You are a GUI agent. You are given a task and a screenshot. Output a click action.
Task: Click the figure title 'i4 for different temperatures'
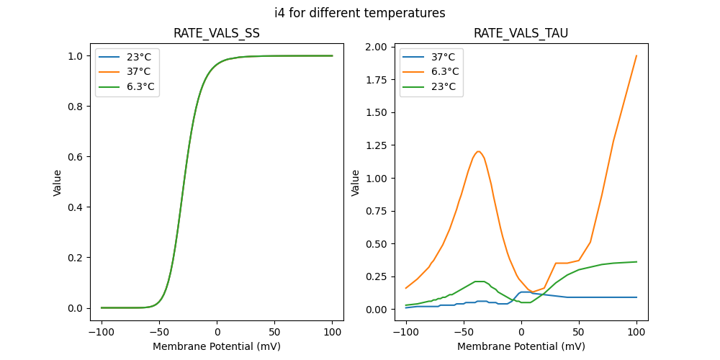[x=359, y=13]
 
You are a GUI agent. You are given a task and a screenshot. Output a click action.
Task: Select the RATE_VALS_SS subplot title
[x=217, y=34]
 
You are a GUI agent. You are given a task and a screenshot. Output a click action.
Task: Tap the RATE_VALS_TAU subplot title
[x=521, y=34]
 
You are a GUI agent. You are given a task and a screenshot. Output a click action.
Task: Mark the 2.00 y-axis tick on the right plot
[x=377, y=48]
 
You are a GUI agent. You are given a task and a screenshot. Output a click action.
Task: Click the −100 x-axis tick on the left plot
[x=102, y=332]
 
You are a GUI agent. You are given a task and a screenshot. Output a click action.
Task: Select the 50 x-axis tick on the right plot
[x=579, y=332]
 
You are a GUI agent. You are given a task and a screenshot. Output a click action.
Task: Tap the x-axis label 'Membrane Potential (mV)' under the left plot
[x=217, y=346]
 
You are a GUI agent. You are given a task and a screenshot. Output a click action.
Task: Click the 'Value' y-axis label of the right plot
[x=355, y=183]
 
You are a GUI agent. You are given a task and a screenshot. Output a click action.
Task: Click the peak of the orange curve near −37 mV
[x=478, y=151]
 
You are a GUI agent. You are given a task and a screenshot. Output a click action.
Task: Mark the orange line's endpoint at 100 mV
[x=636, y=56]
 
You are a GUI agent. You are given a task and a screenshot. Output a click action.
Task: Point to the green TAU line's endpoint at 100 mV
[x=636, y=262]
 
